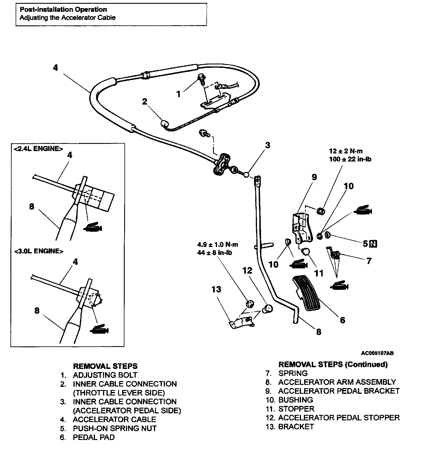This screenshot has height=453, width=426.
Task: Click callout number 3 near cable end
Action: pos(267,145)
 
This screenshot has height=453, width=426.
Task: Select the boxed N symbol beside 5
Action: pos(373,244)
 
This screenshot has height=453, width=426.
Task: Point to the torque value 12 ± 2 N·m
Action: pos(346,151)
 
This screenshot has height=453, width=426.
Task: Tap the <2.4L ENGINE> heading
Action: pos(38,149)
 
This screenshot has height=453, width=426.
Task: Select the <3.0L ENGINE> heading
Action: pos(38,251)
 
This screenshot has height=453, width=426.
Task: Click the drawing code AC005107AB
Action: pos(377,353)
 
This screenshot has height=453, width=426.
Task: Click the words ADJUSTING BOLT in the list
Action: pos(105,375)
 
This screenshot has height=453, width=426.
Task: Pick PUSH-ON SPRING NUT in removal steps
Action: pos(115,428)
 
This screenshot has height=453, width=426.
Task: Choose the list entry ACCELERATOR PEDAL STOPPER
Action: pos(339,417)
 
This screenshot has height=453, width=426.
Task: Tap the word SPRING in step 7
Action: pos(293,373)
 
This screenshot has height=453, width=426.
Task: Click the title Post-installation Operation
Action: pos(63,10)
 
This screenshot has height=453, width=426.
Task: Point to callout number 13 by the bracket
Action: pos(216,289)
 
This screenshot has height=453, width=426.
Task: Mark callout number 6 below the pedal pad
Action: pos(342,320)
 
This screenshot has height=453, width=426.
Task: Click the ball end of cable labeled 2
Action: pos(164,124)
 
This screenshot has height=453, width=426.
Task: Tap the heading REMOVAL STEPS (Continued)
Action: pos(333,364)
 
